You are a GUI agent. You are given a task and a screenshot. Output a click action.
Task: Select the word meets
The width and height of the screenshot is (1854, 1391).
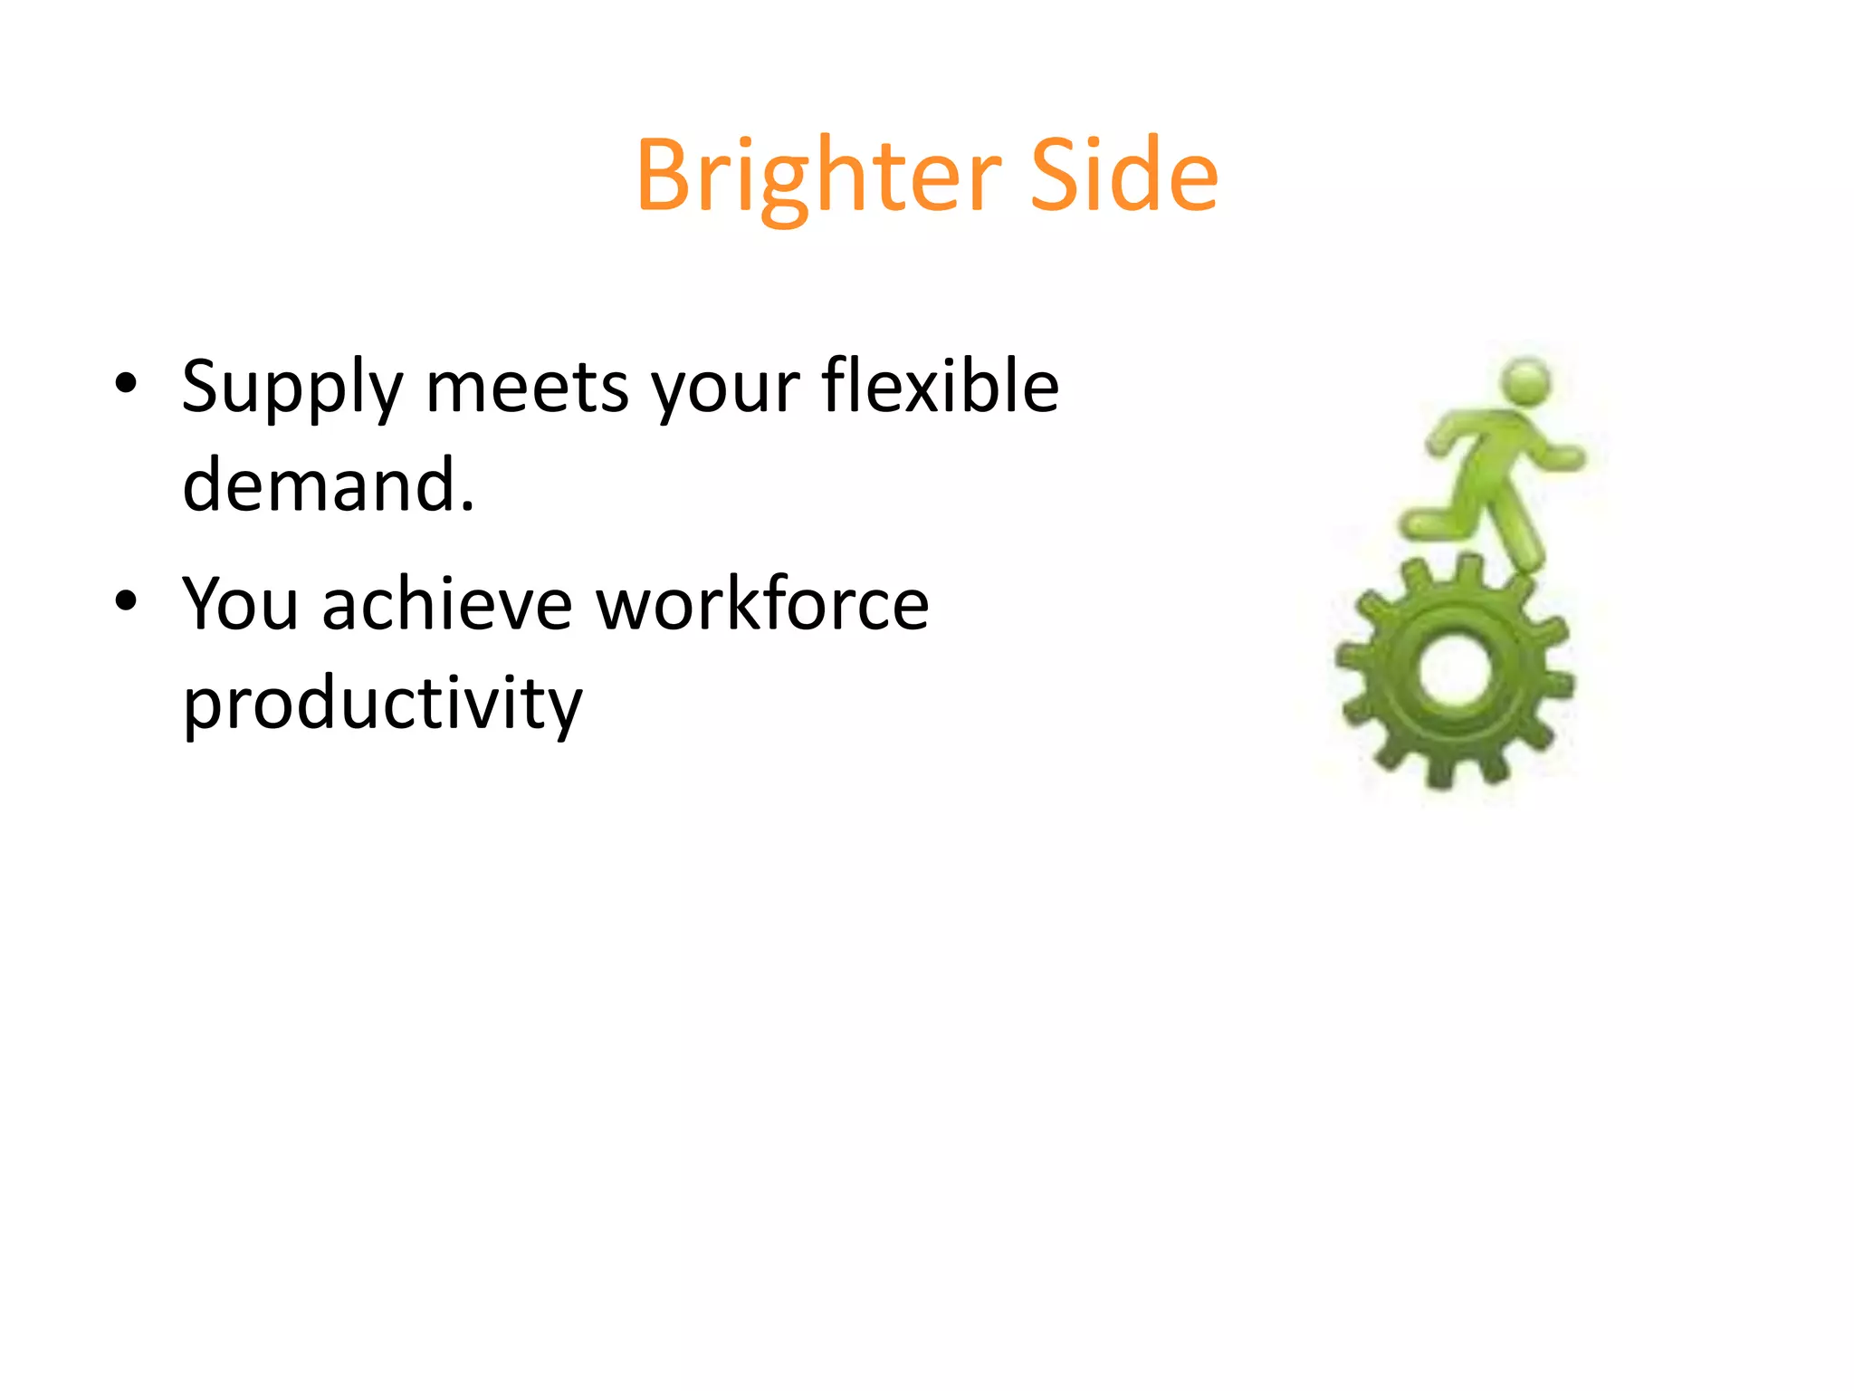(527, 388)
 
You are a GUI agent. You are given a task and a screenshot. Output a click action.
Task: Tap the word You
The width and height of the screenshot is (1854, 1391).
(240, 604)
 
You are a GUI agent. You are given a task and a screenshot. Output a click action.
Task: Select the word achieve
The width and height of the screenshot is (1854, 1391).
(447, 604)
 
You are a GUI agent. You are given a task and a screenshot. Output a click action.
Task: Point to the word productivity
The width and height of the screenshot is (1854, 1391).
(382, 705)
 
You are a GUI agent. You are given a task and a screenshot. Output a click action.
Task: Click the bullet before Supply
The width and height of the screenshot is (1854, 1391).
(126, 384)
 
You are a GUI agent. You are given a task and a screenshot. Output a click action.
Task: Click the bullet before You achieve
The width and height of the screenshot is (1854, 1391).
(126, 600)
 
